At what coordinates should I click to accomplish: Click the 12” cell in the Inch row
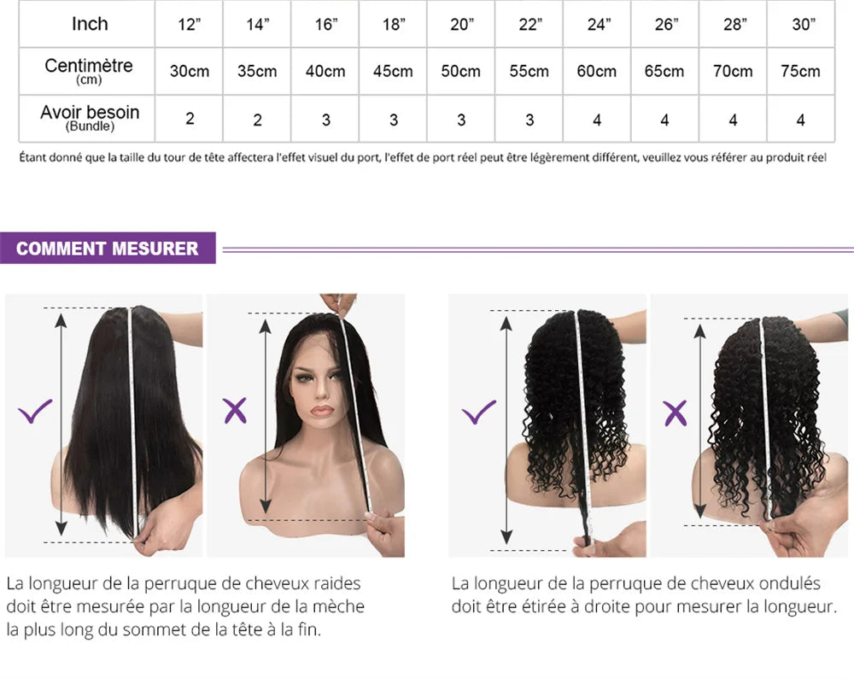[189, 24]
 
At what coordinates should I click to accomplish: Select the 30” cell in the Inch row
[802, 24]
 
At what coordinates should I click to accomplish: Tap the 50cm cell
[461, 71]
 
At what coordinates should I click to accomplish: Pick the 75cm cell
[800, 71]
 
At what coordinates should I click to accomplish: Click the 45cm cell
[393, 71]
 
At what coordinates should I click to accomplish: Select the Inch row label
[90, 24]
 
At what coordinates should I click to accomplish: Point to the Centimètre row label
[89, 70]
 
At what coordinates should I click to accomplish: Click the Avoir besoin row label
[90, 117]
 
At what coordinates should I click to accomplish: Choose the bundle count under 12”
[190, 120]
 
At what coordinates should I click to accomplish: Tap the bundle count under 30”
[800, 120]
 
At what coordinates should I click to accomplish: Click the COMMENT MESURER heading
[107, 249]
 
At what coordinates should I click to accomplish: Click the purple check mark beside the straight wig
[35, 413]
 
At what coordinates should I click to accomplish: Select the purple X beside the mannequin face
[234, 412]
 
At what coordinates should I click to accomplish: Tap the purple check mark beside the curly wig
[478, 413]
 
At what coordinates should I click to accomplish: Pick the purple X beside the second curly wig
[676, 413]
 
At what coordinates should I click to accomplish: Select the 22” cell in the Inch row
[529, 24]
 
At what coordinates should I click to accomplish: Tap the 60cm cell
[596, 71]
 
